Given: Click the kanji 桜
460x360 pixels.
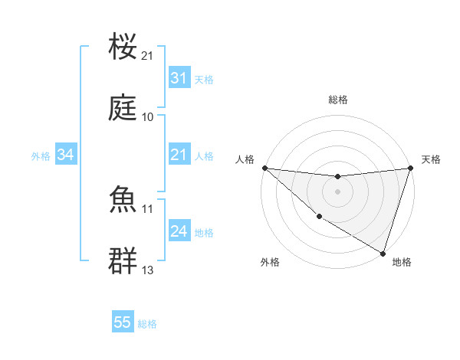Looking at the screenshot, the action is click(x=123, y=47).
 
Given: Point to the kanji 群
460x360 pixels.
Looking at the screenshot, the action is click(x=123, y=261).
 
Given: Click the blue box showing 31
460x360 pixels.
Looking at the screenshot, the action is click(x=179, y=78).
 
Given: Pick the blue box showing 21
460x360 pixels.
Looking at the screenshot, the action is click(x=179, y=155).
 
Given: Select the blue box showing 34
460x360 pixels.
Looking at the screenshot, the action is click(x=65, y=155).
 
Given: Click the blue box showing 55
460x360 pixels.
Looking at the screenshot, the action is click(x=123, y=322).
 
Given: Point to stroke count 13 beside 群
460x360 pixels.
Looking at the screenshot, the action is click(x=148, y=270).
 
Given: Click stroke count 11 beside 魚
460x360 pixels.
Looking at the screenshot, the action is click(x=148, y=208).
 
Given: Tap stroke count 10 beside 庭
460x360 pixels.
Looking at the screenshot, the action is click(x=148, y=117).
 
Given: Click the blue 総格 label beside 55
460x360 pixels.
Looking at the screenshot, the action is click(x=148, y=324).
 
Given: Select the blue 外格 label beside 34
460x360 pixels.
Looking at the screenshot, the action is click(x=41, y=156).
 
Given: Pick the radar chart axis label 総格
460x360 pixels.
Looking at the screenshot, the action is click(x=337, y=100).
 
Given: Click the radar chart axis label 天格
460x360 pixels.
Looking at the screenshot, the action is click(x=431, y=159).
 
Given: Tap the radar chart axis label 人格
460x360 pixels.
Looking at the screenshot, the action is click(x=245, y=159).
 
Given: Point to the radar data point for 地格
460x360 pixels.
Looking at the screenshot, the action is click(x=383, y=253).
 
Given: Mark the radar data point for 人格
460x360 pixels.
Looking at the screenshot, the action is click(x=264, y=168).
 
